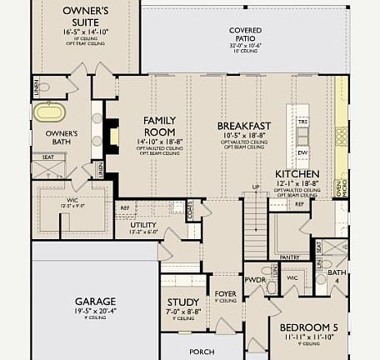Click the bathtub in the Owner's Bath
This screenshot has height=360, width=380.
pos(49,112)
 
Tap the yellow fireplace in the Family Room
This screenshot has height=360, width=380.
pos(114,135)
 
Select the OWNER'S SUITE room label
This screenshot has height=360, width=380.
pos(86,16)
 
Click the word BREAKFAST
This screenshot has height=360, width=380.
pos(244,126)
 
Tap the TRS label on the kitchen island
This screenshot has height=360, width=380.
pos(302,122)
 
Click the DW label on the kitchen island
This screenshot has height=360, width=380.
pos(302,152)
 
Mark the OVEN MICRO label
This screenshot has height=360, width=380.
pos(338,189)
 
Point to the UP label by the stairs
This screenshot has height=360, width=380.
pos(256,187)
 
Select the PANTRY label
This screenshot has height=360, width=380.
pos(290,257)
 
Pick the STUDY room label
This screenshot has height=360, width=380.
pos(182,302)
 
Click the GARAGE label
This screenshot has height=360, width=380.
pos(95,301)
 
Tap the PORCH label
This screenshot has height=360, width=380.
pos(202,351)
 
